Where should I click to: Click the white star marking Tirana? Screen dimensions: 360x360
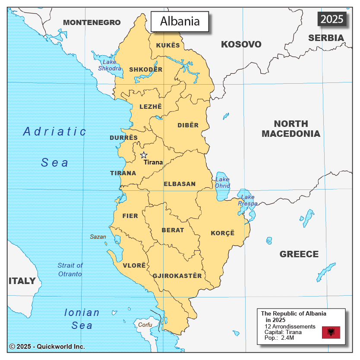[144, 155]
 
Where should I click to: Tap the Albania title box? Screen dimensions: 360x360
[180, 21]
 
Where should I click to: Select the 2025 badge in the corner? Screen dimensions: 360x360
[332, 19]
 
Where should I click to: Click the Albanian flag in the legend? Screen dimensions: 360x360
[331, 332]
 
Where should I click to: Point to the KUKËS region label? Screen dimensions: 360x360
[168, 45]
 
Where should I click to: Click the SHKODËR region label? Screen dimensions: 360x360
[146, 69]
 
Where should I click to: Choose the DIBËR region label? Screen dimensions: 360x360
[188, 125]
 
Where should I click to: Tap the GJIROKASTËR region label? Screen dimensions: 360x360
[177, 276]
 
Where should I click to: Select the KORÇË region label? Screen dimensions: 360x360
[223, 233]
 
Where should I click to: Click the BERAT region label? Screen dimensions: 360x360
[173, 230]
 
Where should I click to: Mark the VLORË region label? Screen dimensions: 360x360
[134, 265]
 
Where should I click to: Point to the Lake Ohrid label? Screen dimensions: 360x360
[222, 183]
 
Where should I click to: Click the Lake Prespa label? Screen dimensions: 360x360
[248, 200]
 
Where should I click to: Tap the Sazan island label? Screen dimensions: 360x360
[98, 237]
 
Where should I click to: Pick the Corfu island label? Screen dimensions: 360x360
[145, 324]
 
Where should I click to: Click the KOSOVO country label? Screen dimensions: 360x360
[241, 44]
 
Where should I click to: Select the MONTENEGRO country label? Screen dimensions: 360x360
[92, 22]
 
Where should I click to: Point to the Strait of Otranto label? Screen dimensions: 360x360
[70, 269]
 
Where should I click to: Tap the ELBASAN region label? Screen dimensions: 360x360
[180, 184]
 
